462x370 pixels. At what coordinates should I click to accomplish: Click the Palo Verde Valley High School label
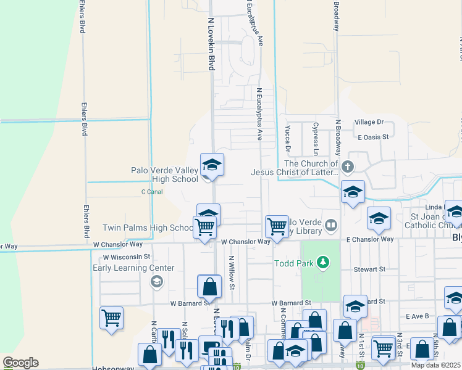click(x=164, y=175)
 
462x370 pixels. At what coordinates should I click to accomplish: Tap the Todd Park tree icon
click(x=322, y=263)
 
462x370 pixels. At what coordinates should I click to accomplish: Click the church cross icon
click(x=348, y=166)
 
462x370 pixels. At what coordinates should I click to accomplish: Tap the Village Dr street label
click(x=369, y=123)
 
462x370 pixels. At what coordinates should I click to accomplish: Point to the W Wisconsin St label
click(x=126, y=256)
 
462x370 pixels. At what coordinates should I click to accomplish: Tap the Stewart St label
click(x=369, y=269)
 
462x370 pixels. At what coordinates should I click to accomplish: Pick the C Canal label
click(x=151, y=192)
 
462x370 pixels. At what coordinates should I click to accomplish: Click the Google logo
click(x=21, y=363)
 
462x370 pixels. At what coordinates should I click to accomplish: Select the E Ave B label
click(x=418, y=316)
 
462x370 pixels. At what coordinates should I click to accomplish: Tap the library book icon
click(x=332, y=225)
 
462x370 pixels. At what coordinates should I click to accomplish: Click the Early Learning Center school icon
click(x=157, y=282)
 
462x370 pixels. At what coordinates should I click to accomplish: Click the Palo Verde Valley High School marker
click(x=212, y=165)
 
